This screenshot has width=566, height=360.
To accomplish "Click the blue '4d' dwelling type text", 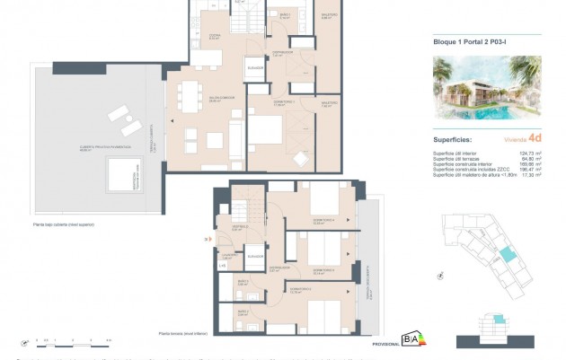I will pos(535,138).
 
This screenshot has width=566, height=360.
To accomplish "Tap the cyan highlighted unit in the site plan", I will pos(509,256).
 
